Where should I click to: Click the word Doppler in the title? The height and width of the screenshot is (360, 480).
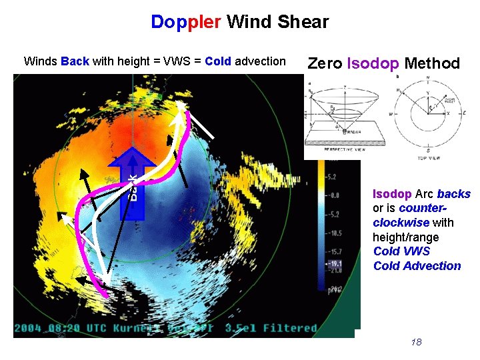pos(186,22)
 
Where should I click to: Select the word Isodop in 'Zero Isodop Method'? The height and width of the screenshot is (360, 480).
pos(373,64)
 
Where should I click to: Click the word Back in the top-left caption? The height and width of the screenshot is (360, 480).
pos(75,61)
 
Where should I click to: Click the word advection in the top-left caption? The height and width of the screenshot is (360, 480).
pos(260,61)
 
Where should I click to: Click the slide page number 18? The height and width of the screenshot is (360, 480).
pos(417,342)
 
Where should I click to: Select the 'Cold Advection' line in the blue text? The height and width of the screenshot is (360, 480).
pos(417,266)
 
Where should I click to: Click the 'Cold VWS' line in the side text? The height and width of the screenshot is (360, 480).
pos(401,251)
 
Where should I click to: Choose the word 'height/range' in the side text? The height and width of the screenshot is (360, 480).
pos(405,237)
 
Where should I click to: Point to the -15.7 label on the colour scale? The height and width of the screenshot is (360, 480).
pos(332,251)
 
